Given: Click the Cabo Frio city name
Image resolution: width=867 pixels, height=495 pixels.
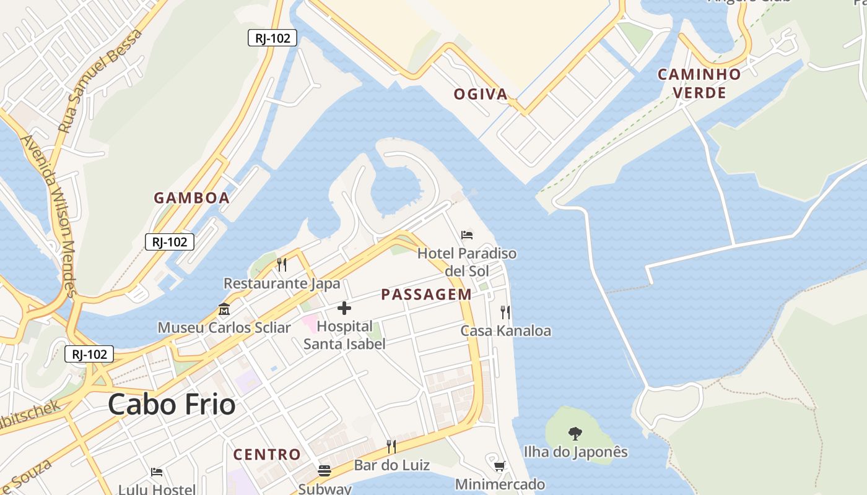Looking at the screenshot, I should pyautogui.click(x=172, y=405).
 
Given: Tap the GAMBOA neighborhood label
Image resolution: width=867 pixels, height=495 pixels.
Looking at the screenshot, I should pyautogui.click(x=191, y=198).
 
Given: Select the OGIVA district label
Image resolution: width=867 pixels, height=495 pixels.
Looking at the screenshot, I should pyautogui.click(x=481, y=95).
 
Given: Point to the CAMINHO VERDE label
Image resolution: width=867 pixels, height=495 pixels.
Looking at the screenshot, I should pyautogui.click(x=699, y=84).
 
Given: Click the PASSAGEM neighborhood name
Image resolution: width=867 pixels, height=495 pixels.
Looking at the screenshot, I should pyautogui.click(x=426, y=295).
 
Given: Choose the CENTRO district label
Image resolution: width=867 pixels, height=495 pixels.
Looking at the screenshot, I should pyautogui.click(x=267, y=455).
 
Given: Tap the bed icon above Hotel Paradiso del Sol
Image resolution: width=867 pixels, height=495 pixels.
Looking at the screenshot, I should pyautogui.click(x=467, y=235).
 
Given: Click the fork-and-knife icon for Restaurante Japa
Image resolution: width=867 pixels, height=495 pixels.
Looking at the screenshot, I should pyautogui.click(x=282, y=265).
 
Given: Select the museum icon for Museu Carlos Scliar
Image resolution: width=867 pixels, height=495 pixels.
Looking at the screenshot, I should pyautogui.click(x=224, y=309).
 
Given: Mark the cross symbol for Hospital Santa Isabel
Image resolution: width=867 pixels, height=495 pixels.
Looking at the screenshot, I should pyautogui.click(x=344, y=308).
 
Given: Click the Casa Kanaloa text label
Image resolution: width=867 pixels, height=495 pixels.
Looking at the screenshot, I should pyautogui.click(x=505, y=331).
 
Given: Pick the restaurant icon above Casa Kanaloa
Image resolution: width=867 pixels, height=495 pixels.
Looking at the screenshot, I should pyautogui.click(x=505, y=312).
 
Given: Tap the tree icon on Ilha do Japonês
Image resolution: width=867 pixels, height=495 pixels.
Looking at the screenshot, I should pyautogui.click(x=575, y=433).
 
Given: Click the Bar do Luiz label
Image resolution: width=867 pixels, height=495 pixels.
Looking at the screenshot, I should pyautogui.click(x=391, y=465).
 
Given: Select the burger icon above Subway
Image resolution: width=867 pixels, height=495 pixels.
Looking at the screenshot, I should pyautogui.click(x=325, y=471).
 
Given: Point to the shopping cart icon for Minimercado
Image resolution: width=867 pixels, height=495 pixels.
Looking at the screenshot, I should pyautogui.click(x=500, y=465).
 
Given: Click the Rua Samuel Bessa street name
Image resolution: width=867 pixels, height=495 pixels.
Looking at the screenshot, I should pyautogui.click(x=100, y=81).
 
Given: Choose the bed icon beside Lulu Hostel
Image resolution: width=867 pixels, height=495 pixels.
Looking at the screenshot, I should pyautogui.click(x=157, y=472).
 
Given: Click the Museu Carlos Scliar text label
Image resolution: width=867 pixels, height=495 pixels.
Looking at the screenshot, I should pyautogui.click(x=224, y=327).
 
